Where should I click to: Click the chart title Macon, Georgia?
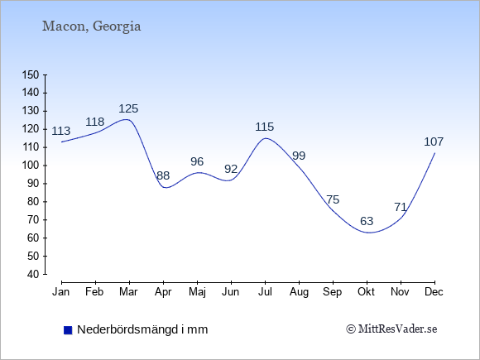[x=91, y=26]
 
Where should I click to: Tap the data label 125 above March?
[x=128, y=108]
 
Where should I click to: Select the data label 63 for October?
[x=367, y=221]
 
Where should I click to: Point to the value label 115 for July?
[x=265, y=127]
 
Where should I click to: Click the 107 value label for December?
[x=434, y=142]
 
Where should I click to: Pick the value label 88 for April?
[x=163, y=175]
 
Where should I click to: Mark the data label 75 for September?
[x=333, y=199]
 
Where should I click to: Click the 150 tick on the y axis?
[x=31, y=74]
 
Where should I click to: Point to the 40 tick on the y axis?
[x=33, y=274]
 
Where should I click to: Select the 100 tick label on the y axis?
[x=31, y=166]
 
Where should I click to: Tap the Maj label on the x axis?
[x=197, y=292]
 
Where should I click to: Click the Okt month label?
[x=366, y=292]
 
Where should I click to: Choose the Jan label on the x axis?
[x=61, y=292]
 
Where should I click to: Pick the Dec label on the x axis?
[x=434, y=292]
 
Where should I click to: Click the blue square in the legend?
[x=68, y=330]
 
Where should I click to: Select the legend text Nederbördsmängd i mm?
[x=142, y=329]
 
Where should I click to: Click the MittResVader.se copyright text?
[x=391, y=329]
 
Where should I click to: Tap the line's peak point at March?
[x=126, y=119]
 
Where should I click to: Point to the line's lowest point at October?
[x=369, y=233]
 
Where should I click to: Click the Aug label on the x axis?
[x=299, y=292]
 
